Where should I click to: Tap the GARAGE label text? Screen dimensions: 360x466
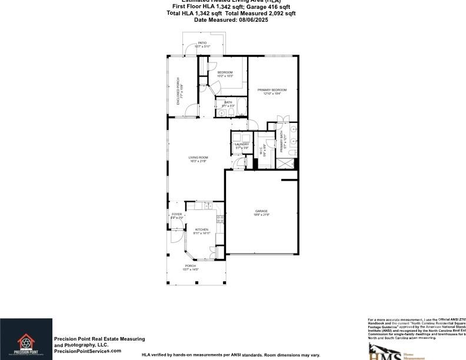pyautogui.click(x=261, y=211)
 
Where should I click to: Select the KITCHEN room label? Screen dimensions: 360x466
pyautogui.click(x=202, y=229)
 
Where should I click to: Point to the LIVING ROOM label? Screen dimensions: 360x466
pyautogui.click(x=198, y=157)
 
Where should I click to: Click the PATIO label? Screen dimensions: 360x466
pyautogui.click(x=202, y=43)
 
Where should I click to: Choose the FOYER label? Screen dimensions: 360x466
pyautogui.click(x=177, y=214)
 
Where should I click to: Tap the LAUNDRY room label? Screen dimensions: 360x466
pyautogui.click(x=242, y=144)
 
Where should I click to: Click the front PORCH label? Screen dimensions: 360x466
pyautogui.click(x=191, y=266)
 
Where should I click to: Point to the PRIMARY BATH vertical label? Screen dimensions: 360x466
pyautogui.click(x=282, y=142)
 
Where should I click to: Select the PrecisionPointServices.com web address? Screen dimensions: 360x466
pyautogui.click(x=88, y=351)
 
